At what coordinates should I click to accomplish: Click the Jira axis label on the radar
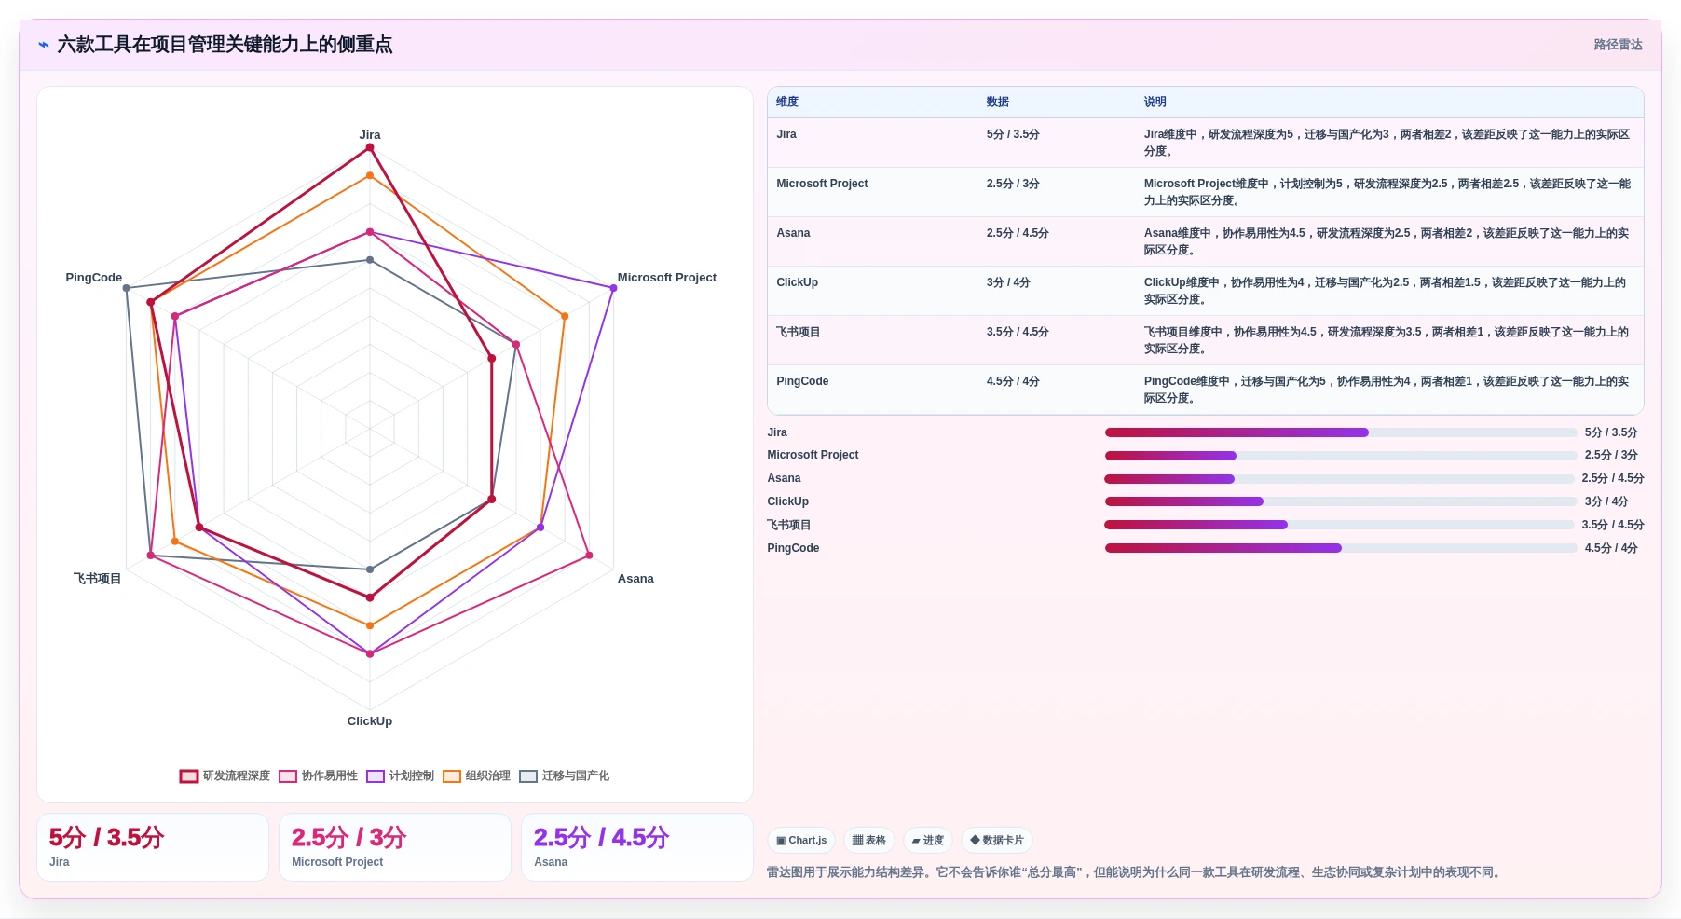point(370,135)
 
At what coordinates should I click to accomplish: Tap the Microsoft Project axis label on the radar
point(667,278)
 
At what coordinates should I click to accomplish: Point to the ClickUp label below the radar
point(370,721)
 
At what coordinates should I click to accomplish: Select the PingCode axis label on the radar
point(94,278)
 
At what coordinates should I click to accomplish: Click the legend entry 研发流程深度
point(225,775)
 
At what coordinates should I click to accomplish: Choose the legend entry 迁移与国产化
point(565,775)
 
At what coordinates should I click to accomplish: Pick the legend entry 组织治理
point(477,775)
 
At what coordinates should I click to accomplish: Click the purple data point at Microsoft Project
point(613,288)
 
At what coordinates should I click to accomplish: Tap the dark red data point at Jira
point(370,147)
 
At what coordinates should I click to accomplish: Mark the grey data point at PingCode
point(127,288)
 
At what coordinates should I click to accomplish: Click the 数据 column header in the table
point(998,103)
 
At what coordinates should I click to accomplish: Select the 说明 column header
point(1155,103)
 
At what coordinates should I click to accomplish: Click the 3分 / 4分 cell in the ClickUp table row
point(1008,282)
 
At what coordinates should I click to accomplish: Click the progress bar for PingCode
point(1341,548)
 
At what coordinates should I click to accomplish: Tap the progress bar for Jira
point(1341,432)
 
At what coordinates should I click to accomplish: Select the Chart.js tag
point(801,841)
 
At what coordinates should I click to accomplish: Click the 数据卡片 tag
point(997,841)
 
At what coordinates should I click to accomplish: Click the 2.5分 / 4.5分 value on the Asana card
point(601,837)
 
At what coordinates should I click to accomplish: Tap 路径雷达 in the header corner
point(1618,45)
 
